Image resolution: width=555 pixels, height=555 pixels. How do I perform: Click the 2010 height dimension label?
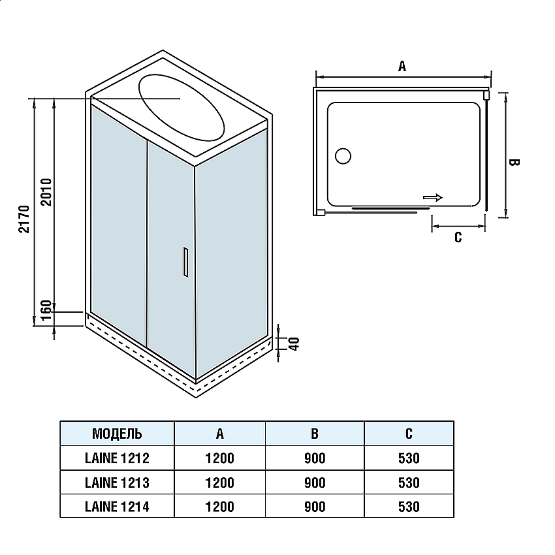[46, 191]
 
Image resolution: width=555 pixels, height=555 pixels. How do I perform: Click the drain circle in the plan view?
[343, 156]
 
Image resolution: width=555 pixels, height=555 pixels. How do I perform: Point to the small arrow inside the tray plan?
[432, 197]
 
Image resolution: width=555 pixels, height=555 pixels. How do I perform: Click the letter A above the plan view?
[402, 65]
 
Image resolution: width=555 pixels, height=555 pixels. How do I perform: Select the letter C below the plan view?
[458, 237]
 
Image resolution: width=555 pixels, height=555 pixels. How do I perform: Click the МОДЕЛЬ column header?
[117, 434]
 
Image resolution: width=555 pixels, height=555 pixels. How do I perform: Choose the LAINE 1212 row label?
[117, 458]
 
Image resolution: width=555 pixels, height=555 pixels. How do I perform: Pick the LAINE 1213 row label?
[117, 483]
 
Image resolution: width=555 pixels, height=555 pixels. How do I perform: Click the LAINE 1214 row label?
[117, 506]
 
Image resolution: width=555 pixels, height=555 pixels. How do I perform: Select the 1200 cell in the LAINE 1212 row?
[219, 458]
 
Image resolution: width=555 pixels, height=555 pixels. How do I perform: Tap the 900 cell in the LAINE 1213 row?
[314, 483]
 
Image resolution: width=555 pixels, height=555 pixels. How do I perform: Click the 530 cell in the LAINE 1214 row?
[409, 506]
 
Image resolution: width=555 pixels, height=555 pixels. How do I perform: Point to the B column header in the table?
[314, 434]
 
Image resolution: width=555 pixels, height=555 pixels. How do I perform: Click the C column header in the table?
[409, 434]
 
